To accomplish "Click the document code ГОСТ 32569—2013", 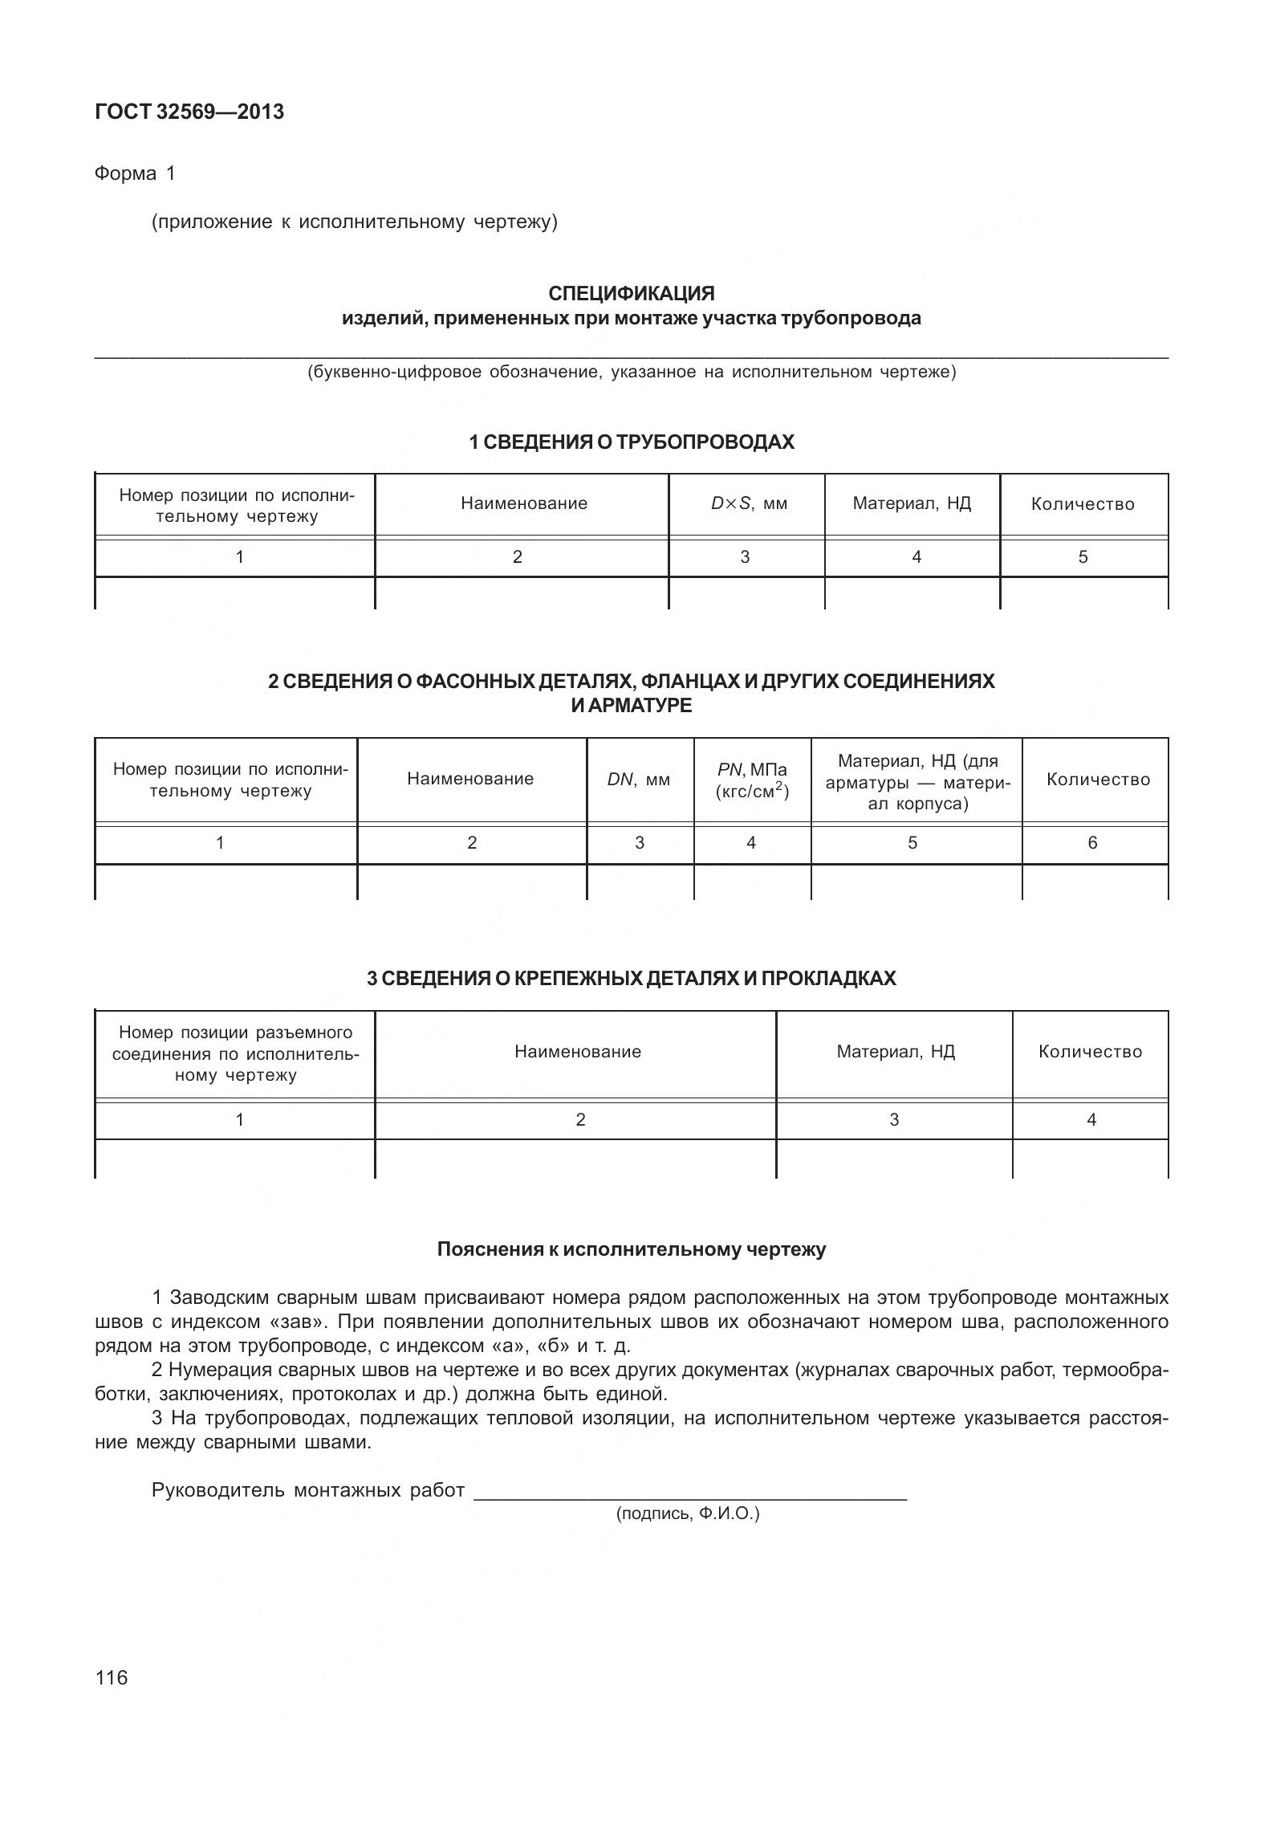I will click(x=189, y=112).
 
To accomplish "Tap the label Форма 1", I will click(x=134, y=173).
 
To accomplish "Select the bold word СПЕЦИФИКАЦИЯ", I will click(x=631, y=293).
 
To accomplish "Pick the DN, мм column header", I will click(x=639, y=779).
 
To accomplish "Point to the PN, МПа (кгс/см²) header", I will click(x=752, y=780).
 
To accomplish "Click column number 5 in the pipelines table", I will click(x=1083, y=556).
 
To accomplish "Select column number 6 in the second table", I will click(x=1092, y=842).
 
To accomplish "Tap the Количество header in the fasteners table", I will click(x=1090, y=1052).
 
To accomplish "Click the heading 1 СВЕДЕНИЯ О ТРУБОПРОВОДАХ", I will click(x=631, y=442).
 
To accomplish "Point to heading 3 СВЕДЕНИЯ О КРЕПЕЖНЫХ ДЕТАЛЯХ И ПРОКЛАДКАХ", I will click(x=631, y=978).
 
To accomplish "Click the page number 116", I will click(x=112, y=1677).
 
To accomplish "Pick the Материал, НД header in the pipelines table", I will click(x=912, y=503).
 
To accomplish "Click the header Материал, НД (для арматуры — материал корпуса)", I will click(x=917, y=781).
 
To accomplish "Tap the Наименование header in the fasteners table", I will click(x=578, y=1052).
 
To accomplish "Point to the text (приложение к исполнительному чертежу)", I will click(x=354, y=222).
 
